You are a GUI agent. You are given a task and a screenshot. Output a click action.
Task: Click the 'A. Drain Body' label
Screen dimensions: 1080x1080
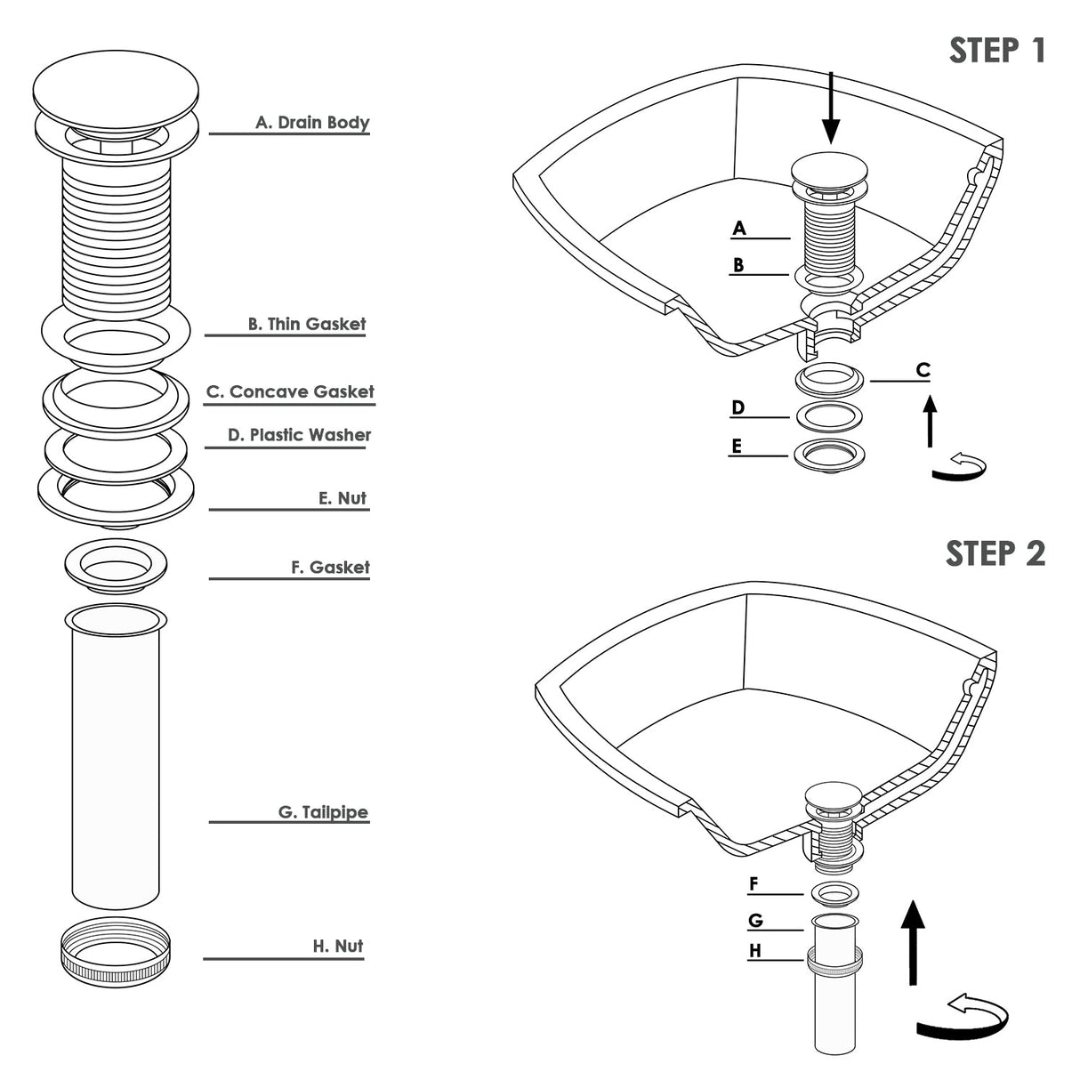[x=312, y=123]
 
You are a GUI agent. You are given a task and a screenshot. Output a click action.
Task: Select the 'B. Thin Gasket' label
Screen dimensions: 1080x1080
[x=307, y=324]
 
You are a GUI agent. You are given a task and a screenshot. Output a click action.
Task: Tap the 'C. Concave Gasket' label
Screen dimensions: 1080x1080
[x=290, y=391]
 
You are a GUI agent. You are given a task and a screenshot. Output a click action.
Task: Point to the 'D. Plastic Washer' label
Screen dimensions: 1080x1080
[x=299, y=435]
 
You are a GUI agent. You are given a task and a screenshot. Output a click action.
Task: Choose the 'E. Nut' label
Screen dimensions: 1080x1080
[x=342, y=498]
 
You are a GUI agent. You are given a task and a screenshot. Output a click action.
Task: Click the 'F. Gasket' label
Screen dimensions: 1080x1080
[x=330, y=568]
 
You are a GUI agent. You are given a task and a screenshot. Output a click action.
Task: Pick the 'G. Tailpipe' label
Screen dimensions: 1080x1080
[x=324, y=812]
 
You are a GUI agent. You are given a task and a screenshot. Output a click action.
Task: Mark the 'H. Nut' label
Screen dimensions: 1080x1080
[x=338, y=946]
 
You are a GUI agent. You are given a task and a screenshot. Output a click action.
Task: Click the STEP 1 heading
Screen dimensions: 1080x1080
[x=997, y=51]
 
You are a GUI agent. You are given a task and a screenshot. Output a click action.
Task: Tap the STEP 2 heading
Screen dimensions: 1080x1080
[x=995, y=553]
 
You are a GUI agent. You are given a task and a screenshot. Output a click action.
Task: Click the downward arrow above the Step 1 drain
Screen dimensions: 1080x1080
[x=831, y=109]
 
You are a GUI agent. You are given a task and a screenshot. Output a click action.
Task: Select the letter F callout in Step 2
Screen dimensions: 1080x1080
[x=754, y=884]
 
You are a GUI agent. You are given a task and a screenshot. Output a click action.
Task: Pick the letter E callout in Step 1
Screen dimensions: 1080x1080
[x=737, y=446]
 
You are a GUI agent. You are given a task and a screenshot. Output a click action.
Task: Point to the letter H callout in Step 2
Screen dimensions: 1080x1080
[x=755, y=950]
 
